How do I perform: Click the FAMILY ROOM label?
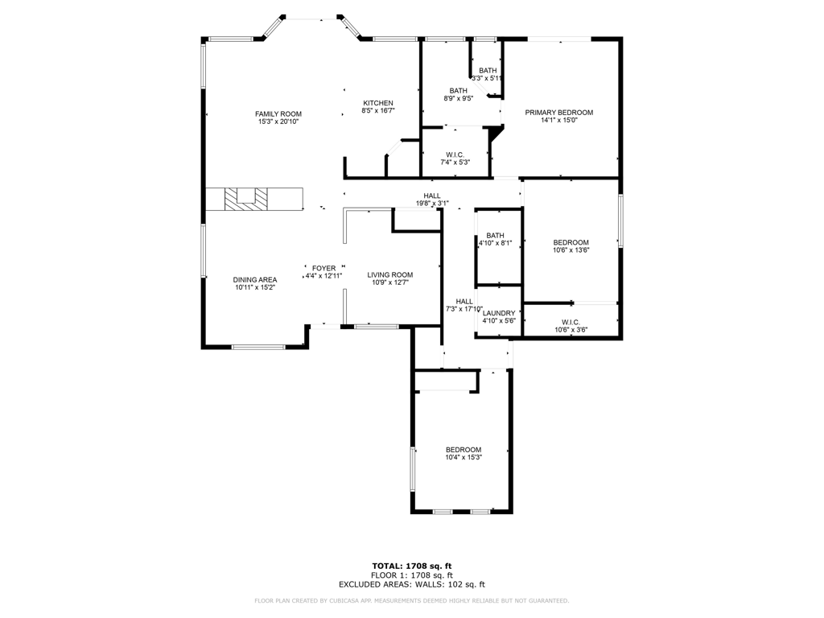click(278, 113)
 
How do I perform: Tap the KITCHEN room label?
click(378, 103)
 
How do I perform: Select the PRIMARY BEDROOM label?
click(558, 113)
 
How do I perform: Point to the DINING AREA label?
click(255, 279)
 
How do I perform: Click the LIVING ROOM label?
click(392, 274)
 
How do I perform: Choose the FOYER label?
click(323, 268)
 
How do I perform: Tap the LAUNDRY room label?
click(498, 313)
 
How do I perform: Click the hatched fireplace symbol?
click(244, 199)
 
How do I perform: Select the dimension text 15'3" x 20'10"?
click(278, 122)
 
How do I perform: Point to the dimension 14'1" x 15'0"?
click(558, 122)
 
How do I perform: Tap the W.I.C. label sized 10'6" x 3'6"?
click(571, 322)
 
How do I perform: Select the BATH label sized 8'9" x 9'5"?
click(458, 91)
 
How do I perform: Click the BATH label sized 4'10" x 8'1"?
click(495, 236)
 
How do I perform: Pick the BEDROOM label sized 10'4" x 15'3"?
click(463, 450)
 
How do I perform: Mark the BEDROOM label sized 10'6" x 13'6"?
click(571, 242)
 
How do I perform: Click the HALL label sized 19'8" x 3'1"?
click(432, 196)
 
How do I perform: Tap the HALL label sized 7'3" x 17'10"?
click(464, 301)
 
